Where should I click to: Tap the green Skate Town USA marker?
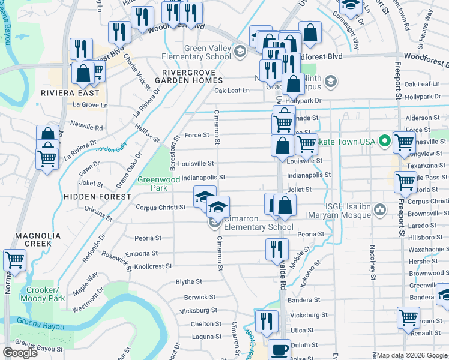coord(385,142)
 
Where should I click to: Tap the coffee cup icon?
coord(279,350)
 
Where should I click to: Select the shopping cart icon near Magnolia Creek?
coord(14,260)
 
